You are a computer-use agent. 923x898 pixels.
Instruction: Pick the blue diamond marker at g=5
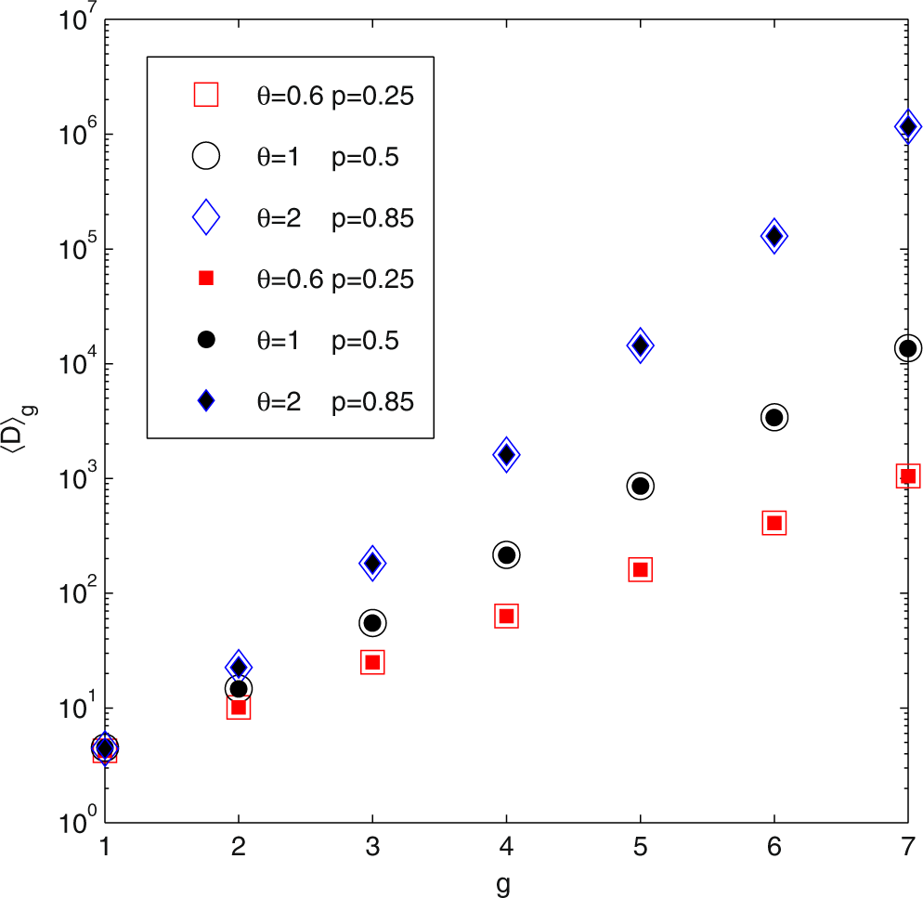point(640,345)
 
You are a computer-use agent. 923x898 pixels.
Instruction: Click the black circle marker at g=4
point(506,555)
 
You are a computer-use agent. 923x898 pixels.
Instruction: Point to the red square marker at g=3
point(372,662)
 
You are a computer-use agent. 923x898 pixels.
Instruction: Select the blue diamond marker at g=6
point(773,236)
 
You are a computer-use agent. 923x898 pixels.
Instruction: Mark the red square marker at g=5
point(640,569)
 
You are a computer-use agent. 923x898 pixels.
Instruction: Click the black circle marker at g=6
point(773,418)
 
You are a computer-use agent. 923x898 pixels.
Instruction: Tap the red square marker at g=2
point(239,708)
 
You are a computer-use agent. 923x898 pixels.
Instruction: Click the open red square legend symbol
point(205,95)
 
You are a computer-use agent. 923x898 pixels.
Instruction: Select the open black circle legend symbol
point(205,156)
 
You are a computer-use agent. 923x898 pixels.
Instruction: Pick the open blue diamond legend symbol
point(205,217)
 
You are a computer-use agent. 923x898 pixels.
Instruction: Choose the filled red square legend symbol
point(205,278)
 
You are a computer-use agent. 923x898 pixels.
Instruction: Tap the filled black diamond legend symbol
point(205,400)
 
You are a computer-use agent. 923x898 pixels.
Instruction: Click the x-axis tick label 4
point(506,845)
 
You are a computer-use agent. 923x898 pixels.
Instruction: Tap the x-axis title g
point(506,882)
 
